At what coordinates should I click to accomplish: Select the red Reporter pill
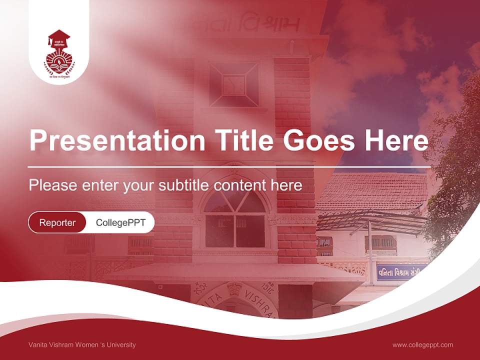click(x=57, y=222)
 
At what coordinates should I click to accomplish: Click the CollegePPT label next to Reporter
click(x=120, y=222)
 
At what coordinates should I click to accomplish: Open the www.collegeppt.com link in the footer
click(x=422, y=344)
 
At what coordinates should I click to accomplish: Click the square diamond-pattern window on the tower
click(x=233, y=84)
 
